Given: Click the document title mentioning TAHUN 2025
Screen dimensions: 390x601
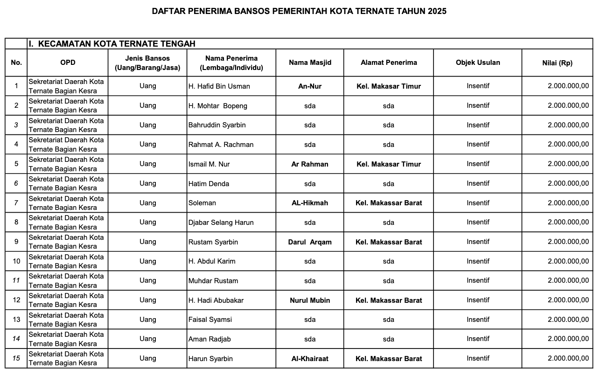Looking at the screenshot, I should point(299,11).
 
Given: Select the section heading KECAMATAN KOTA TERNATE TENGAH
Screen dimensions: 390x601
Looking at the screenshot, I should point(112,44).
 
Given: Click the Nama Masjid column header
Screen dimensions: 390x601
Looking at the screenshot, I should point(310,63).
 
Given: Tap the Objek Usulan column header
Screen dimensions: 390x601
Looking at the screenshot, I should point(477,63).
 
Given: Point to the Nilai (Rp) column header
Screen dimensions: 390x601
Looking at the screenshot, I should point(557,63).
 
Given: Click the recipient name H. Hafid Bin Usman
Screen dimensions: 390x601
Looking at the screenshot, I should point(219,86).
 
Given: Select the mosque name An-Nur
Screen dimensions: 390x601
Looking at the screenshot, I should point(310,86).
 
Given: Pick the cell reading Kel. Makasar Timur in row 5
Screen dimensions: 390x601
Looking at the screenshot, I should point(388,164).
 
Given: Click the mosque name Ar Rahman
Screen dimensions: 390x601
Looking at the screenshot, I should point(310,164).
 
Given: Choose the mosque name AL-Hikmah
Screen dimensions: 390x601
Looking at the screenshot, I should point(310,203).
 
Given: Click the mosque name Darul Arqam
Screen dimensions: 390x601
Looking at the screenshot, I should point(310,242).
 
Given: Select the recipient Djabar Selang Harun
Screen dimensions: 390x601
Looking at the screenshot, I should point(221,223).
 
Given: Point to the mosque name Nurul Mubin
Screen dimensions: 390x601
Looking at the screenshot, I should point(310,300).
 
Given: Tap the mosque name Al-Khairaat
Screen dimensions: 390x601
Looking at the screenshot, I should point(310,359).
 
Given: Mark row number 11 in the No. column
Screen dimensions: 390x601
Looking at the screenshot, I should point(16,281).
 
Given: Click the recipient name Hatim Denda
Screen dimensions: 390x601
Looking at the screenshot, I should point(209,184).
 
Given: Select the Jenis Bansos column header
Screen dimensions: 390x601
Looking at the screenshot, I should point(147,63).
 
